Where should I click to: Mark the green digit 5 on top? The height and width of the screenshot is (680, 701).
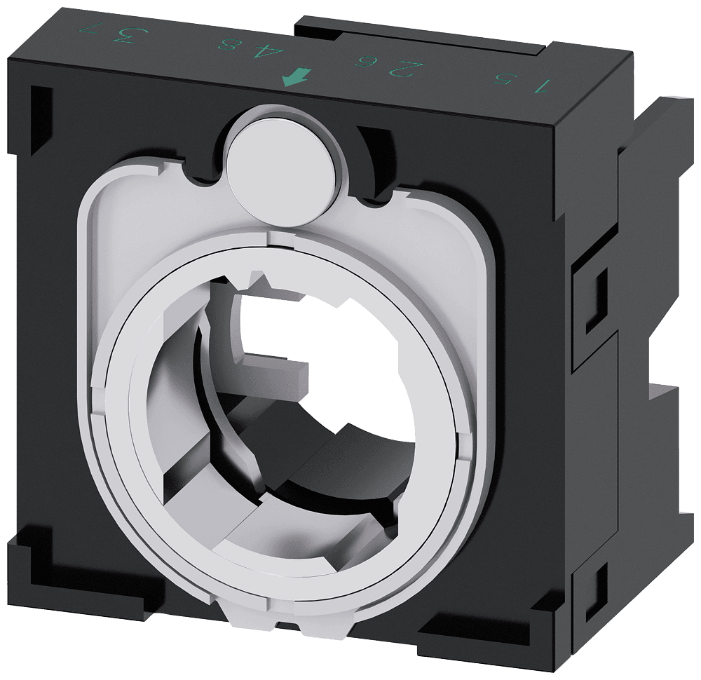click(x=501, y=78)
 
